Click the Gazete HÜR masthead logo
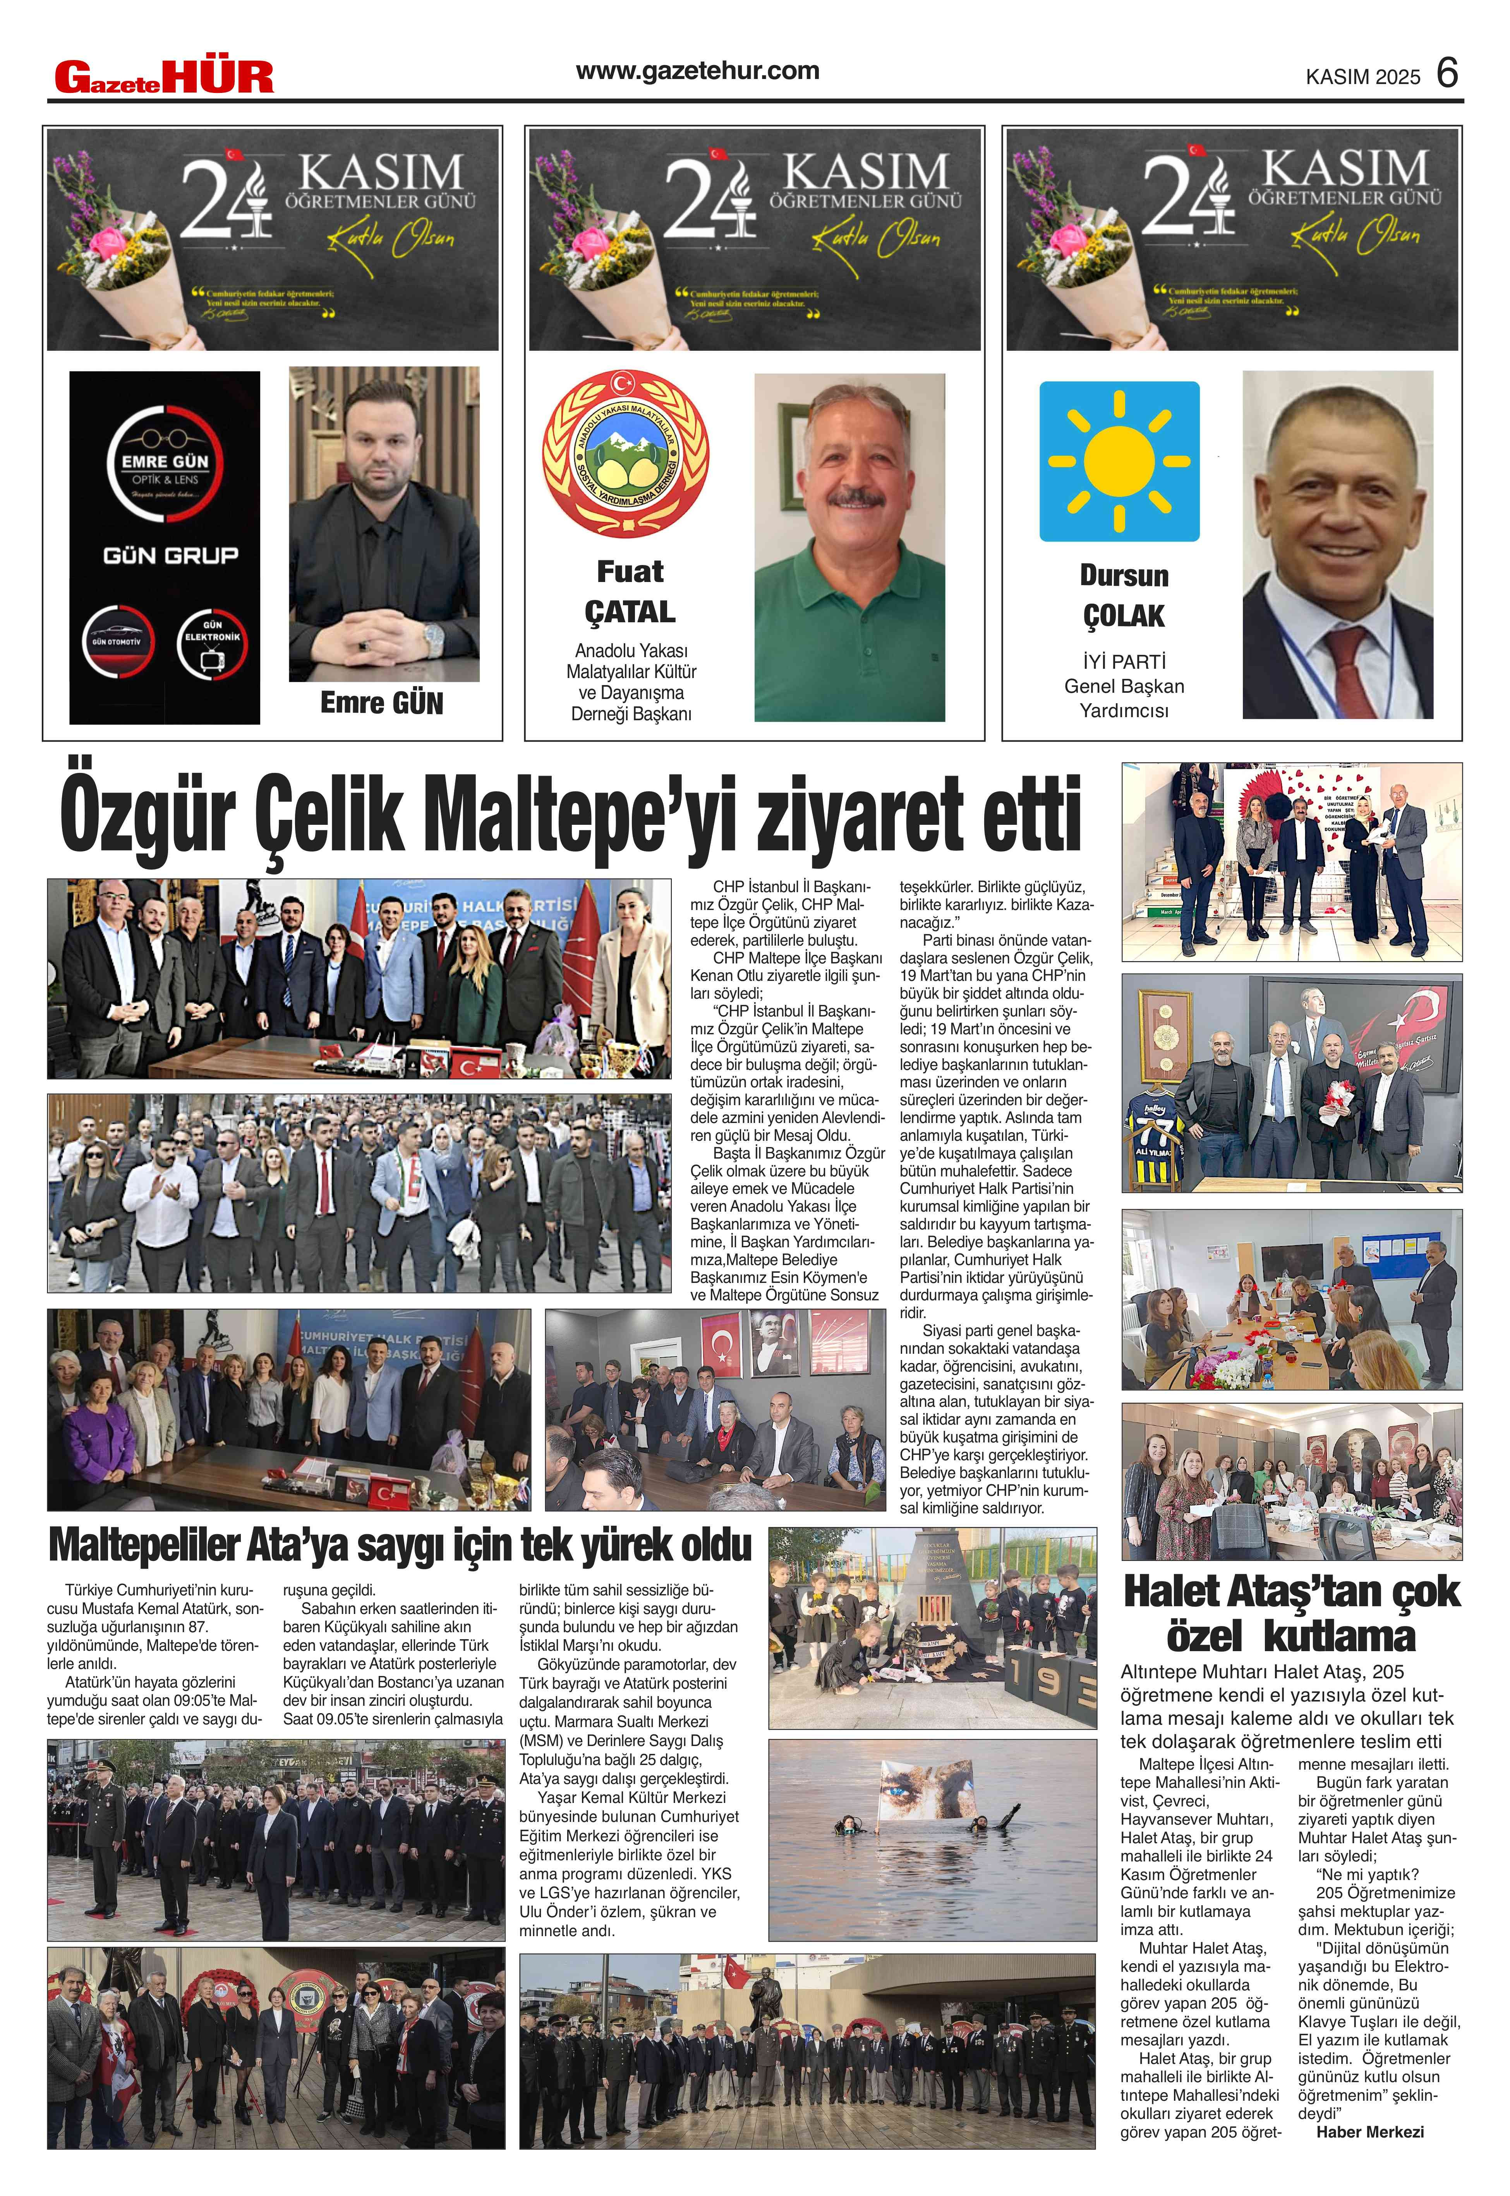tap(164, 77)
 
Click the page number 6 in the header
tap(1447, 73)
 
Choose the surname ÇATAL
tap(630, 612)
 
